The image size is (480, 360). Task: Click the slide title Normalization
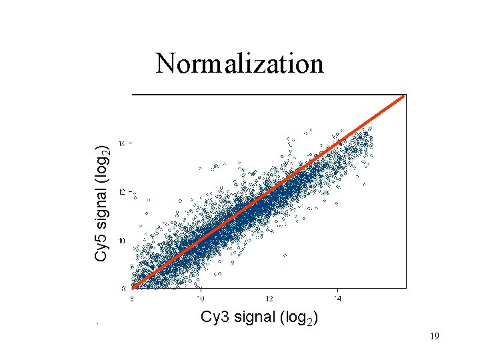(x=239, y=64)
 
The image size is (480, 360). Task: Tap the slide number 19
(x=434, y=337)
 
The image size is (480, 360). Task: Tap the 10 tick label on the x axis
(x=200, y=299)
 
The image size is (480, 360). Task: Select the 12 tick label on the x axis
(x=269, y=299)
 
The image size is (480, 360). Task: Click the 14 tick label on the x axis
(x=338, y=299)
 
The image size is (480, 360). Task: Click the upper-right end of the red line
(x=403, y=97)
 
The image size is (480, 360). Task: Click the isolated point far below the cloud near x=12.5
(x=285, y=255)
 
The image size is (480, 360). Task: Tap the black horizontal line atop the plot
(x=269, y=95)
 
